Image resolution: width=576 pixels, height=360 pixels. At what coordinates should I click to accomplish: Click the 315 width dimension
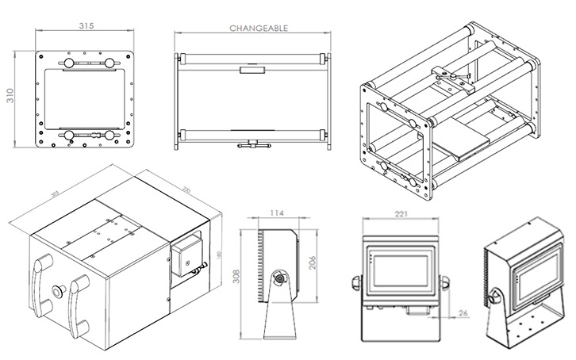86,26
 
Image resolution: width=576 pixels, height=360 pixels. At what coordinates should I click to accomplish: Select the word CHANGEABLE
259,28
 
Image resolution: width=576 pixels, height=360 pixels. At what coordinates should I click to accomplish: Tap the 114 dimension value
276,213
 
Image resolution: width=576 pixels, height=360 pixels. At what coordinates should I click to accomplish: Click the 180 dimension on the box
219,255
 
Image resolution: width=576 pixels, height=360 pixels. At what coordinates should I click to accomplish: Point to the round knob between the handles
57,290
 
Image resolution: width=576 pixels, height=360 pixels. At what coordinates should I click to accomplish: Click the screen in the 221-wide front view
401,269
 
